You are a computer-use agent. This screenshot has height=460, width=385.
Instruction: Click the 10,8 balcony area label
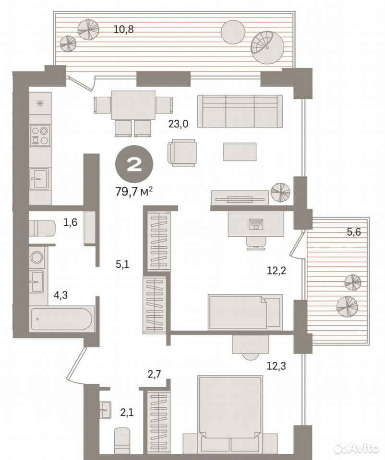click(x=123, y=29)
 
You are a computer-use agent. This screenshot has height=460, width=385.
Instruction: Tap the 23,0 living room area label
click(x=178, y=124)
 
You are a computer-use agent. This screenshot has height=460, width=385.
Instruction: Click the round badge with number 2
click(x=134, y=164)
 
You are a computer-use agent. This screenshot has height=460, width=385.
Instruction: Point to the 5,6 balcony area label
click(x=353, y=232)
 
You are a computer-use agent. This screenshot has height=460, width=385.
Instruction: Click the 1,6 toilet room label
click(x=70, y=222)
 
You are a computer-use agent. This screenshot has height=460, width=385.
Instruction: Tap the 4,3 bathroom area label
click(x=60, y=295)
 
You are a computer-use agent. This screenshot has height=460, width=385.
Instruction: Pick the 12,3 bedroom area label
click(x=276, y=366)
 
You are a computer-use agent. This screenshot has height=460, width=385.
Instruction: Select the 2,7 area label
click(x=154, y=374)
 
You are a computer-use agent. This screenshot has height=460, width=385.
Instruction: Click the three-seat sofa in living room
click(x=240, y=111)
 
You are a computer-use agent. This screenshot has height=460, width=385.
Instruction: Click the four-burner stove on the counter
click(x=40, y=135)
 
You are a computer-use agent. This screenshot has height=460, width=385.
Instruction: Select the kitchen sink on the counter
click(x=40, y=178)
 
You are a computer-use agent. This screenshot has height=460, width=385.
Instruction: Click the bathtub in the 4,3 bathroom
click(x=62, y=319)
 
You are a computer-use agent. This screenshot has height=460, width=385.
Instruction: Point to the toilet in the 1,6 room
click(x=42, y=228)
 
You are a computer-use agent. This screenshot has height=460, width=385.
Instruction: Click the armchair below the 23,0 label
click(x=182, y=152)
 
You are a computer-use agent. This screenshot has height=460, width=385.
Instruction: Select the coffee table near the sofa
click(x=240, y=151)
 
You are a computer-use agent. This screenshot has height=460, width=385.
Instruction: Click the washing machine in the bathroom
click(x=37, y=257)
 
